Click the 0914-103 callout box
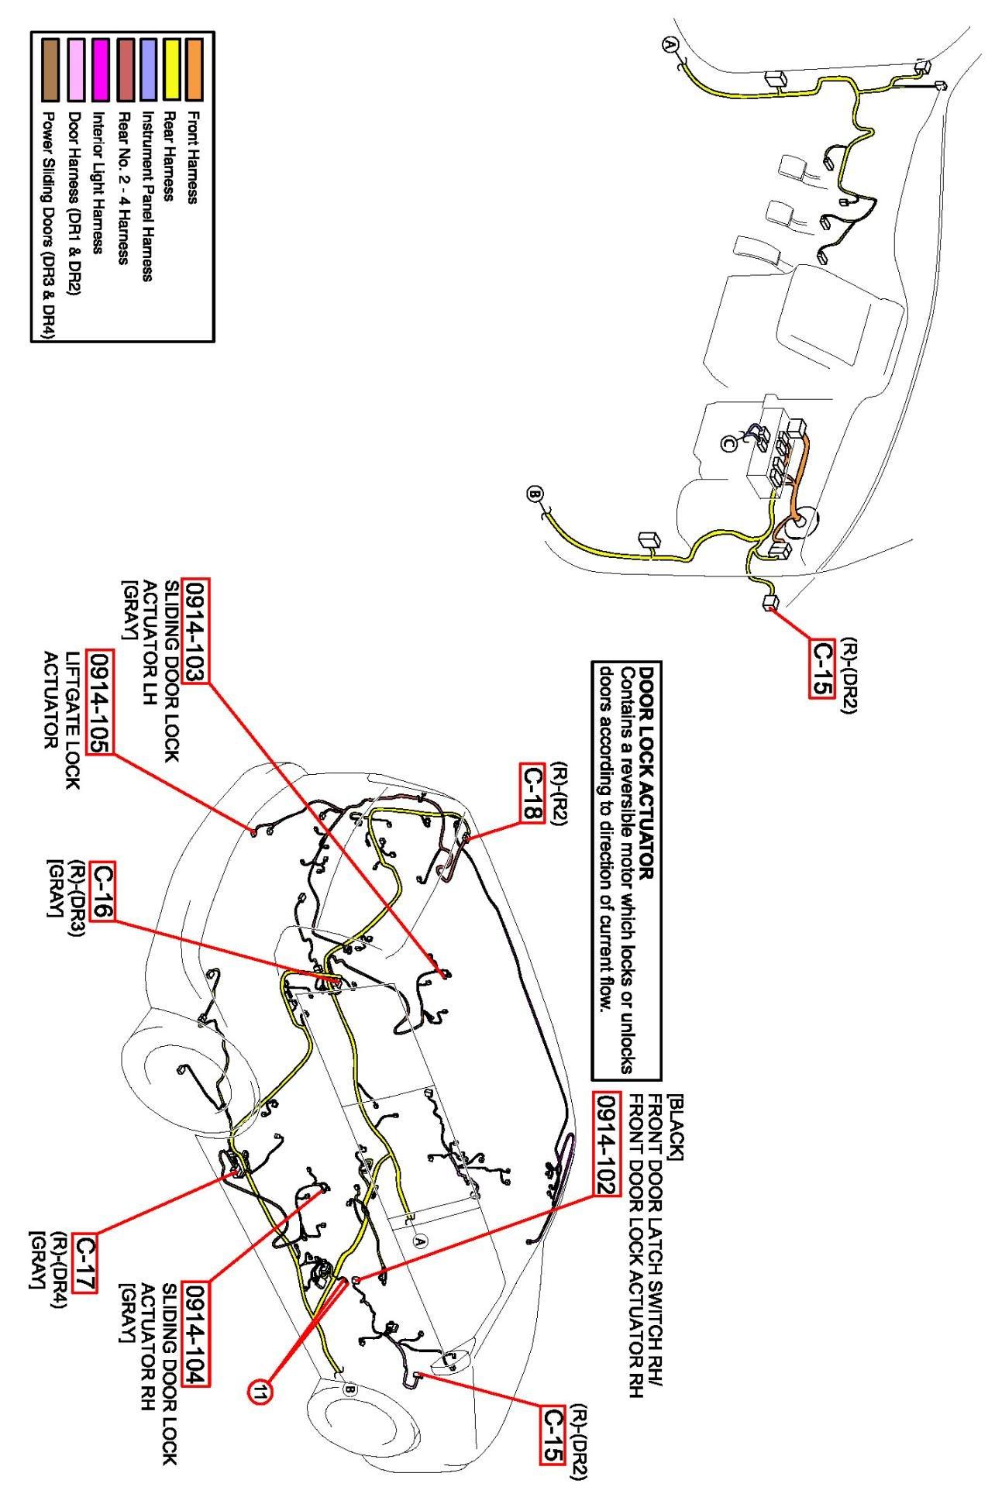coord(195,630)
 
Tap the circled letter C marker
coord(729,443)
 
